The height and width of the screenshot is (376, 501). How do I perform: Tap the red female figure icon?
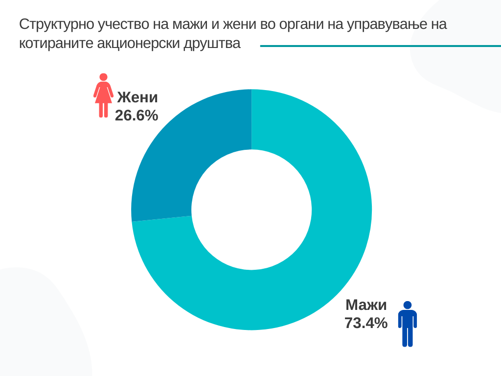[103, 96]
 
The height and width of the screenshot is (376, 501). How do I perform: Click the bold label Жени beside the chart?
[137, 97]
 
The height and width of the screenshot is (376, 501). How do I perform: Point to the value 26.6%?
[137, 116]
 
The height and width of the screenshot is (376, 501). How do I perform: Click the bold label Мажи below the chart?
[366, 305]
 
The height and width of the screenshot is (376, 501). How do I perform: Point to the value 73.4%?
[366, 323]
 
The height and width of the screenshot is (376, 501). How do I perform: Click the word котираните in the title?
[55, 44]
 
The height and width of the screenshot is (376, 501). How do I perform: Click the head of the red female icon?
[103, 77]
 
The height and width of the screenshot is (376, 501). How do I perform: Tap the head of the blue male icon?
[407, 305]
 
